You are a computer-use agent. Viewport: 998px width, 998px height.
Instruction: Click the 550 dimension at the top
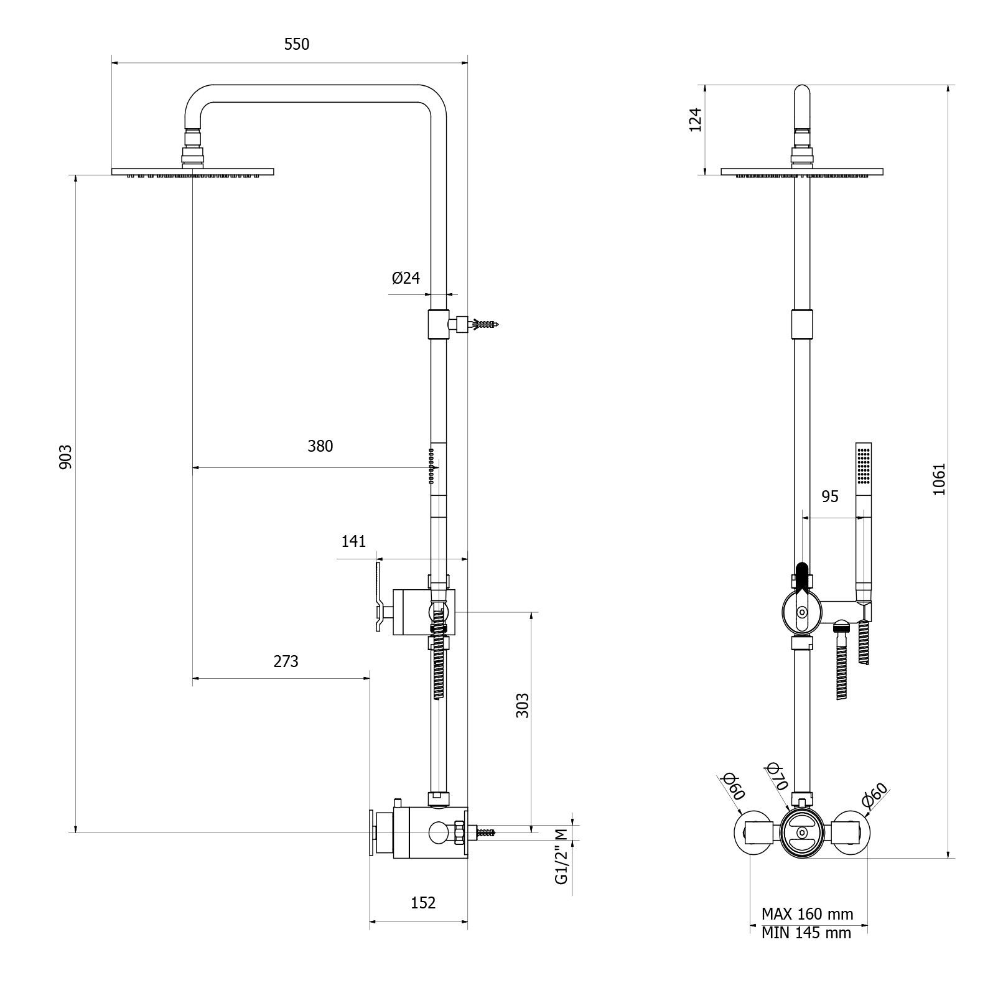pyautogui.click(x=296, y=45)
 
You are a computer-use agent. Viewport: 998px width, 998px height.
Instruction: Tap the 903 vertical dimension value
pyautogui.click(x=66, y=457)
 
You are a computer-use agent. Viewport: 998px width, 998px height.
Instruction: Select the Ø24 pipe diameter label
pyautogui.click(x=406, y=278)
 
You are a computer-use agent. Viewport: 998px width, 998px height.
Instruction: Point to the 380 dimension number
pyautogui.click(x=320, y=446)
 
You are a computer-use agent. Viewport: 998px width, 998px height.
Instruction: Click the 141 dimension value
pyautogui.click(x=353, y=541)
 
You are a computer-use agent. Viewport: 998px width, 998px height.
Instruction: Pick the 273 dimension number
pyautogui.click(x=286, y=661)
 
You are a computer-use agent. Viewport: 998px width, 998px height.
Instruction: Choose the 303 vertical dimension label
pyautogui.click(x=523, y=706)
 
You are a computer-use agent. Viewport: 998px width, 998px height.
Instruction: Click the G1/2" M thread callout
pyautogui.click(x=562, y=856)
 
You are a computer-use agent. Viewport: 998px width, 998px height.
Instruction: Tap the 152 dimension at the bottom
pyautogui.click(x=423, y=903)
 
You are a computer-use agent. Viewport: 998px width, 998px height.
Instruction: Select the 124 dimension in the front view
pyautogui.click(x=696, y=119)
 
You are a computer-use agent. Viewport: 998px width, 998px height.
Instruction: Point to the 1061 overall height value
pyautogui.click(x=939, y=479)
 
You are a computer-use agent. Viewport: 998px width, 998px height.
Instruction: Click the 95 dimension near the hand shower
pyautogui.click(x=829, y=497)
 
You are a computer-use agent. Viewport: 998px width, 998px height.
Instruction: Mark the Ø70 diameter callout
pyautogui.click(x=778, y=775)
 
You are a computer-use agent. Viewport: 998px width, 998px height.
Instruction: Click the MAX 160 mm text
pyautogui.click(x=807, y=914)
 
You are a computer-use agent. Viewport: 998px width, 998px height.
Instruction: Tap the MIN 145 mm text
pyautogui.click(x=806, y=933)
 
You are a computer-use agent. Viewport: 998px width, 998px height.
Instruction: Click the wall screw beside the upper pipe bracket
pyautogui.click(x=484, y=324)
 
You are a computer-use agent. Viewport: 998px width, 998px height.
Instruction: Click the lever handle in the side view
pyautogui.click(x=378, y=596)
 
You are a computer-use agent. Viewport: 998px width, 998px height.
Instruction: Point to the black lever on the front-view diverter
pyautogui.click(x=802, y=576)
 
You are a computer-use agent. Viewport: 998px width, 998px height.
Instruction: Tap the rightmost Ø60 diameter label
pyautogui.click(x=875, y=796)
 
